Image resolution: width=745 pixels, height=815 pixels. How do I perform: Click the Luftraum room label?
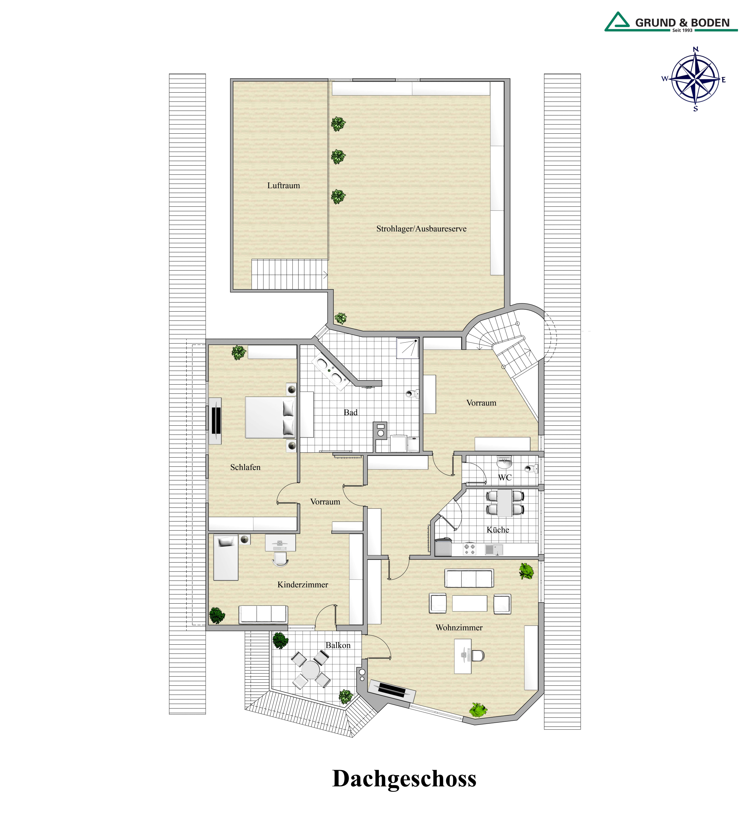[283, 186]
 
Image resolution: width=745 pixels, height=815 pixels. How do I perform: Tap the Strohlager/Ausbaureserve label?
[421, 229]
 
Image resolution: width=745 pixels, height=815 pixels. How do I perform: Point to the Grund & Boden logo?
[671, 22]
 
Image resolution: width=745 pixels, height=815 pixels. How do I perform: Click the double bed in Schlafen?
[270, 417]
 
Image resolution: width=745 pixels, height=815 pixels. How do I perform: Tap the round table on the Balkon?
[310, 670]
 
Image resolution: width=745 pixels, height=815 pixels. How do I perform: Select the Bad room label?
[351, 412]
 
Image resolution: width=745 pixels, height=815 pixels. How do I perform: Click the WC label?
[505, 478]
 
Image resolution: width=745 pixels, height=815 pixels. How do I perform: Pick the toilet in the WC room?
[531, 469]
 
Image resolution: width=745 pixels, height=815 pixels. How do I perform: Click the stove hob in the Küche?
[469, 549]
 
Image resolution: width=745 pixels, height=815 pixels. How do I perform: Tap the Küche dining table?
[505, 503]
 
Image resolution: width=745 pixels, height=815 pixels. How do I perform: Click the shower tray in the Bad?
[408, 348]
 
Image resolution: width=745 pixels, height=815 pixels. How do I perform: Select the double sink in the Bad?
[330, 372]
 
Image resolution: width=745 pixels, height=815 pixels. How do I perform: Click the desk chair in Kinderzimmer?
[280, 559]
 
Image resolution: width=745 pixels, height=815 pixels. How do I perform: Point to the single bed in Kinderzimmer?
[225, 558]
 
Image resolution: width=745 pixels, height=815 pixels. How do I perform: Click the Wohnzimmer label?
[459, 627]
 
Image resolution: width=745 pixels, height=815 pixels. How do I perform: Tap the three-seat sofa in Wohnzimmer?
[469, 578]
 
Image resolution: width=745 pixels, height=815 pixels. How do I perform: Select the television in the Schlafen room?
[216, 421]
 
